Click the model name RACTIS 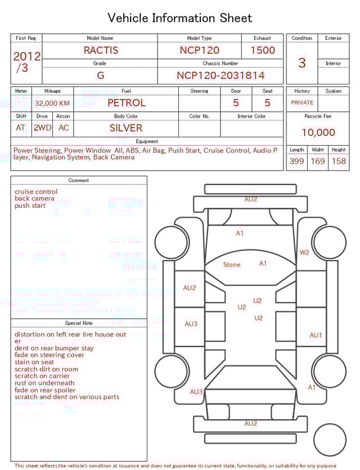pyautogui.click(x=101, y=50)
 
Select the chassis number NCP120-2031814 pyautogui.click(x=220, y=75)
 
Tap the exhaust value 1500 pyautogui.click(x=263, y=50)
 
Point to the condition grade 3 pyautogui.click(x=302, y=62)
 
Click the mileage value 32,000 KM pyautogui.click(x=52, y=104)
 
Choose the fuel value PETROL pyautogui.click(x=126, y=102)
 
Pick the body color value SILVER pyautogui.click(x=126, y=128)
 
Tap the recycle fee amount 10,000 pyautogui.click(x=318, y=132)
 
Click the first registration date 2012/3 pyautogui.click(x=26, y=62)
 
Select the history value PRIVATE pyautogui.click(x=302, y=103)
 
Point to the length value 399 pyautogui.click(x=296, y=162)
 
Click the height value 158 pyautogui.click(x=339, y=162)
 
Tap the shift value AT pyautogui.click(x=21, y=128)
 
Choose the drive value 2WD pyautogui.click(x=42, y=128)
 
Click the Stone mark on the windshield pyautogui.click(x=232, y=265)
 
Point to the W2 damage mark pyautogui.click(x=304, y=253)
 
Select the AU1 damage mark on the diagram pyautogui.click(x=316, y=335)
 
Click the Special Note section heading pyautogui.click(x=79, y=323)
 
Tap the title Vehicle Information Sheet pyautogui.click(x=180, y=18)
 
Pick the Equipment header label pyautogui.click(x=147, y=141)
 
